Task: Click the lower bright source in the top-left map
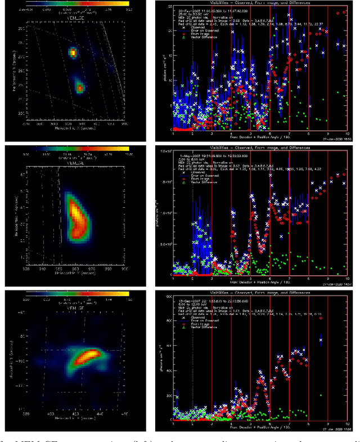tap(79, 87)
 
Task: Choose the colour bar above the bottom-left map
tap(82, 293)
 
